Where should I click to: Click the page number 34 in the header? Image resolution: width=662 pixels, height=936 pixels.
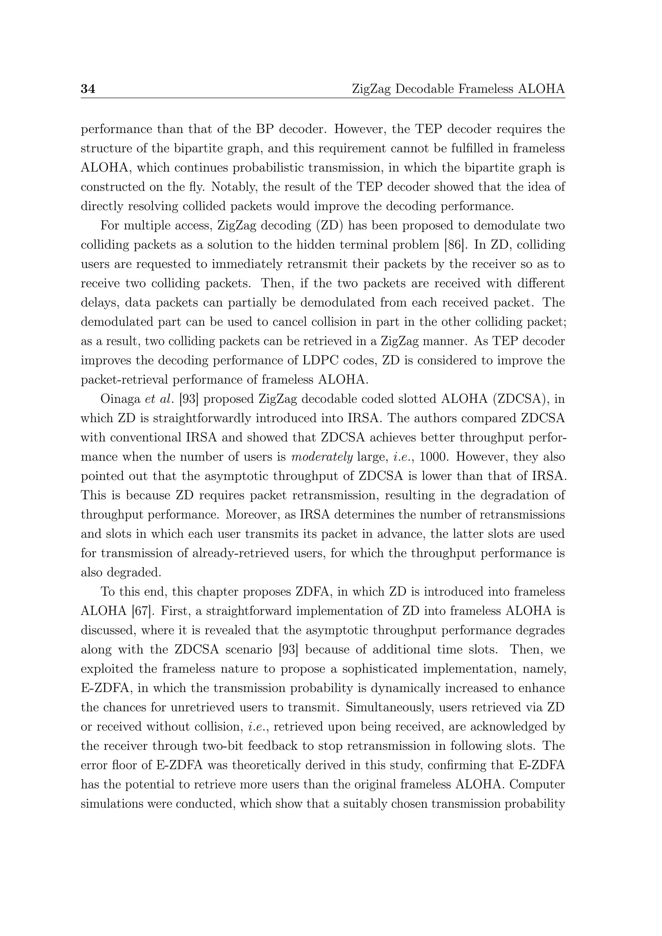pos(88,89)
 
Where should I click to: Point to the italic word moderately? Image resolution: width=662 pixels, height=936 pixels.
pos(322,457)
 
